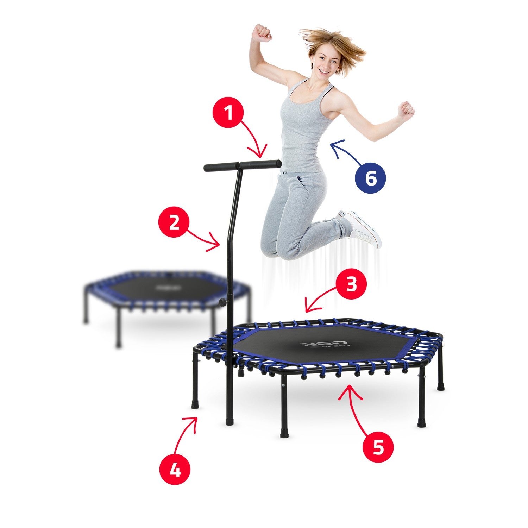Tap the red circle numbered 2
point(174,222)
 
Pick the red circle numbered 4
point(175,469)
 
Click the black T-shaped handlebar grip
point(243,166)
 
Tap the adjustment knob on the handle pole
point(223,302)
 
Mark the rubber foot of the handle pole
point(230,421)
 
